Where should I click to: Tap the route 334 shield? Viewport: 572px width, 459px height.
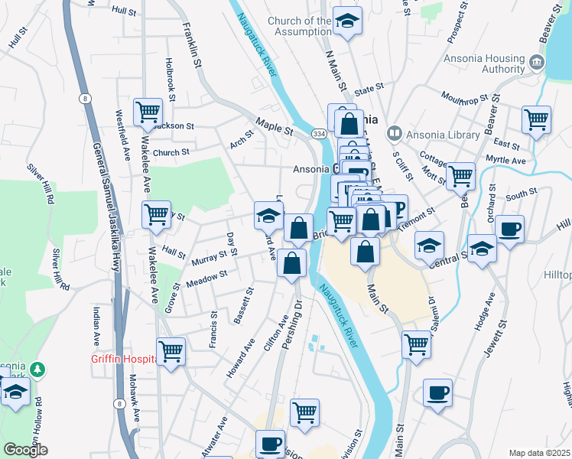point(317,134)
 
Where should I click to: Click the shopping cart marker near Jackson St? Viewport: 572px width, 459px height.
point(148,112)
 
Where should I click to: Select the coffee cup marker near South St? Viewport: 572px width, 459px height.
point(509,228)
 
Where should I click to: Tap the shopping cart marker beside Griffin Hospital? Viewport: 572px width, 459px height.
point(171,351)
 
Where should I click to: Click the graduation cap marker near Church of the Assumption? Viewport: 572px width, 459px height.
point(349,22)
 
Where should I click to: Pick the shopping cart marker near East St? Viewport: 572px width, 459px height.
point(536,119)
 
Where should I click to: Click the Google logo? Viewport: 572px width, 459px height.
point(26,451)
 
